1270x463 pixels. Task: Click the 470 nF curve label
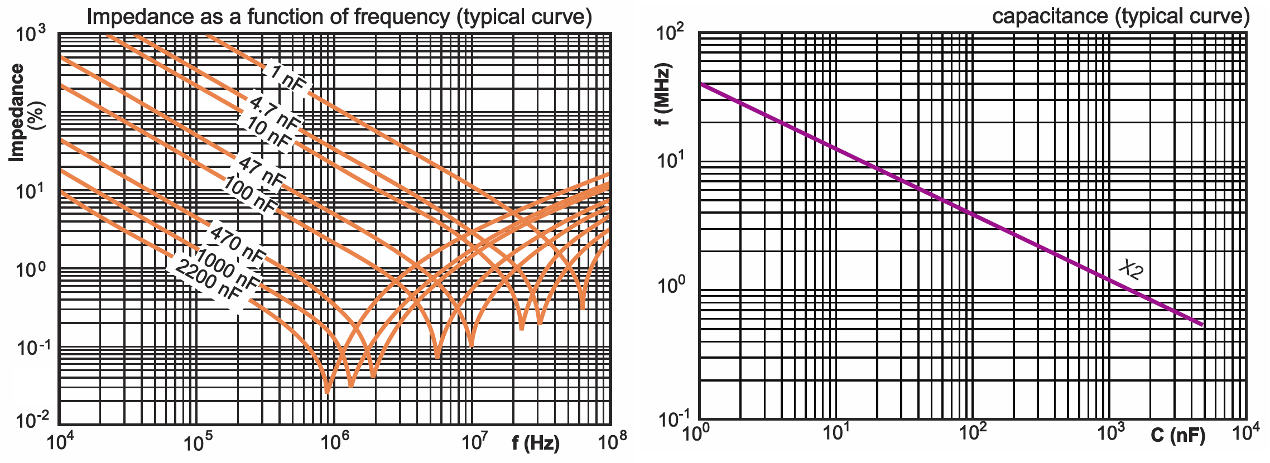[237, 244]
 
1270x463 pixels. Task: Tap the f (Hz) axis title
[536, 443]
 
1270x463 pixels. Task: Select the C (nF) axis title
[1178, 436]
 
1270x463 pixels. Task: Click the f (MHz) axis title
[663, 95]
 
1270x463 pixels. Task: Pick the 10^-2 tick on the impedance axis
[31, 419]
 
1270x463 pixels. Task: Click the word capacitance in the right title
[1050, 16]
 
